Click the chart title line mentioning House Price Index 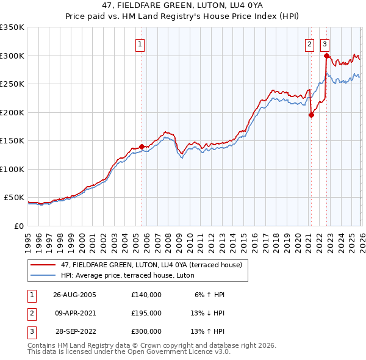(183, 16)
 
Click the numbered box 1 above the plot (140, 44)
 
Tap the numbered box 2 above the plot (310, 44)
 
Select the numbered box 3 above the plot (325, 44)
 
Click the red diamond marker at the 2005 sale (142, 146)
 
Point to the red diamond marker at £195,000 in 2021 (311, 115)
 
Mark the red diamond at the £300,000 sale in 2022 (326, 56)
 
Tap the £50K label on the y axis (14, 198)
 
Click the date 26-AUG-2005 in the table (74, 295)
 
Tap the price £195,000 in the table (146, 313)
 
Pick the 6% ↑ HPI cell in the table (210, 295)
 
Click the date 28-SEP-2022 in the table (74, 331)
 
